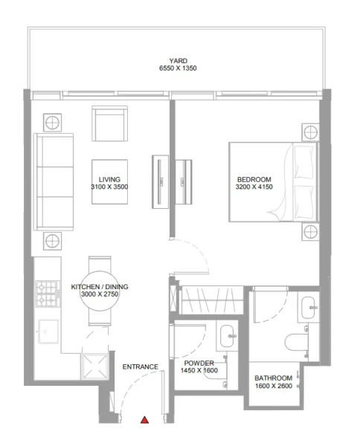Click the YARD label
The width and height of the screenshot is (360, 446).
(x=177, y=62)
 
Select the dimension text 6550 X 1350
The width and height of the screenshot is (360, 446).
(x=177, y=69)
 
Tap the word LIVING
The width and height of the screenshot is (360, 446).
(x=109, y=179)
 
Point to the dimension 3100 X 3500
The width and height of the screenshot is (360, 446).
(x=109, y=187)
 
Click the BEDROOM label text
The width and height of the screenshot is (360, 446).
(x=254, y=179)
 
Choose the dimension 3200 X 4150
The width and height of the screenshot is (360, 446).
(x=254, y=187)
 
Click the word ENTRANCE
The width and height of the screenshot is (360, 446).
(x=141, y=366)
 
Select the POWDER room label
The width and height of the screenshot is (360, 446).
(x=199, y=363)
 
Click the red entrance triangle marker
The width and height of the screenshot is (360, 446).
(x=145, y=420)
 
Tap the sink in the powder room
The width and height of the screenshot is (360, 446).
(x=228, y=337)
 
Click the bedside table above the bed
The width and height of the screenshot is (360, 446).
(x=309, y=131)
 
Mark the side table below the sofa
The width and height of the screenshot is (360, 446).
(x=53, y=239)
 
